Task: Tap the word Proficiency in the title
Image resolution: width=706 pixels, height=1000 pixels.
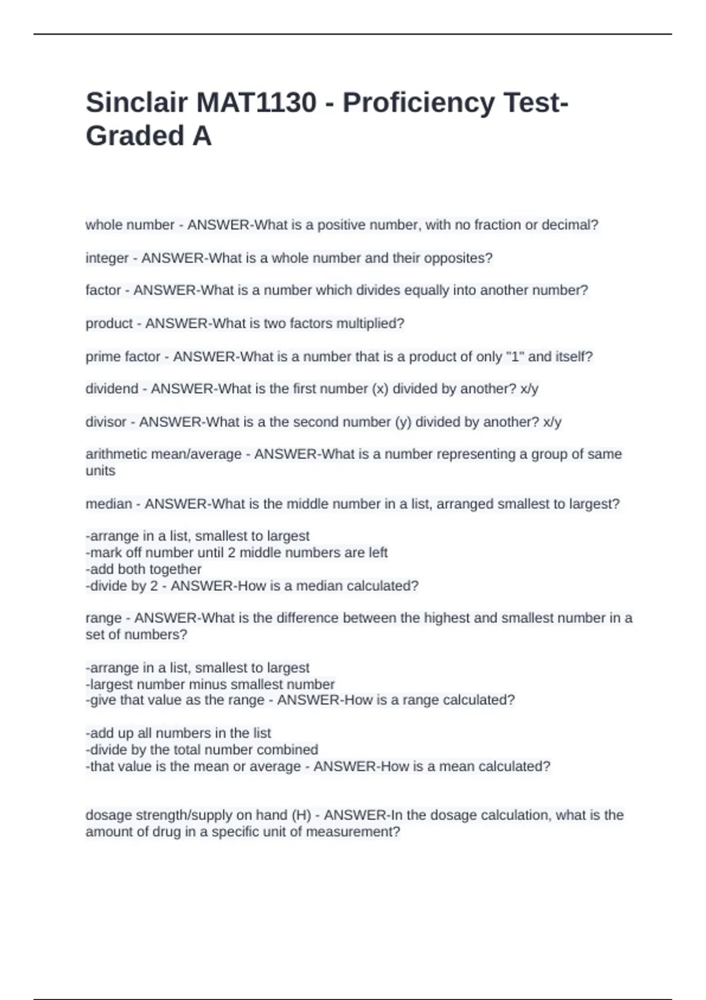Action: coord(419,103)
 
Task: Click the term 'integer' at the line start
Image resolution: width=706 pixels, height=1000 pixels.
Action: coord(107,258)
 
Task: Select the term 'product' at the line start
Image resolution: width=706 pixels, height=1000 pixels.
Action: coord(109,324)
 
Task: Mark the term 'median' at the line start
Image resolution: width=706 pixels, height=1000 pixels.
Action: coord(109,504)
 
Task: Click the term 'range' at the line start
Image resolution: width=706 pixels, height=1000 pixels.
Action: coord(104,618)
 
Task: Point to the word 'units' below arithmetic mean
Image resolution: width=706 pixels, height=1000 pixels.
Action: coord(101,471)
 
